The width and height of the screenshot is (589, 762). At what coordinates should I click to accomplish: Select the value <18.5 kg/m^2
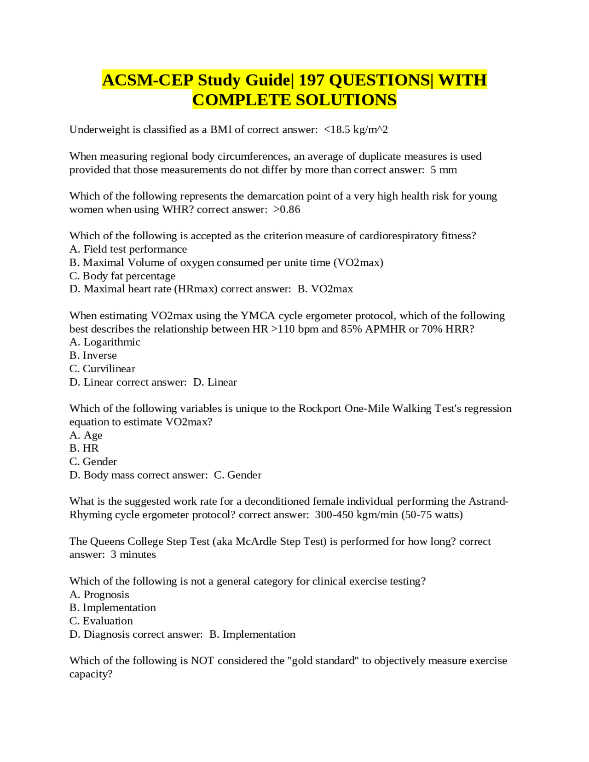tap(356, 130)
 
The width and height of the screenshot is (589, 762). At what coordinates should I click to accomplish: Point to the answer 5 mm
tap(444, 170)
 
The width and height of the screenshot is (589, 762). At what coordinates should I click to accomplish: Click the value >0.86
tap(287, 210)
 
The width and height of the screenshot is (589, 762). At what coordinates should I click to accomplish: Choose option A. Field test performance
tap(128, 249)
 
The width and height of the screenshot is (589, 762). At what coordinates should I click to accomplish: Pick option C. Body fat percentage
tap(122, 276)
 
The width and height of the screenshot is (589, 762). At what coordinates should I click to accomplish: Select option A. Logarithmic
tap(104, 342)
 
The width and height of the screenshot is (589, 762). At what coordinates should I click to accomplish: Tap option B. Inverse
tap(93, 356)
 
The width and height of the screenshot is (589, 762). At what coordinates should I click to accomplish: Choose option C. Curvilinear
tap(102, 369)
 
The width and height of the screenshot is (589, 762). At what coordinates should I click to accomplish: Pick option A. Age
tap(86, 435)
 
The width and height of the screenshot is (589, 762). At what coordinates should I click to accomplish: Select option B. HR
tap(84, 449)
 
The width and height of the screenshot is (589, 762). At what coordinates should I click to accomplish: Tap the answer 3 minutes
tap(133, 555)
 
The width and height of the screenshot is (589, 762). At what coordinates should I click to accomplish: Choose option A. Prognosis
tap(99, 595)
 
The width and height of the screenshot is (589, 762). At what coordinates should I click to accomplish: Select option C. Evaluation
tap(101, 621)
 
